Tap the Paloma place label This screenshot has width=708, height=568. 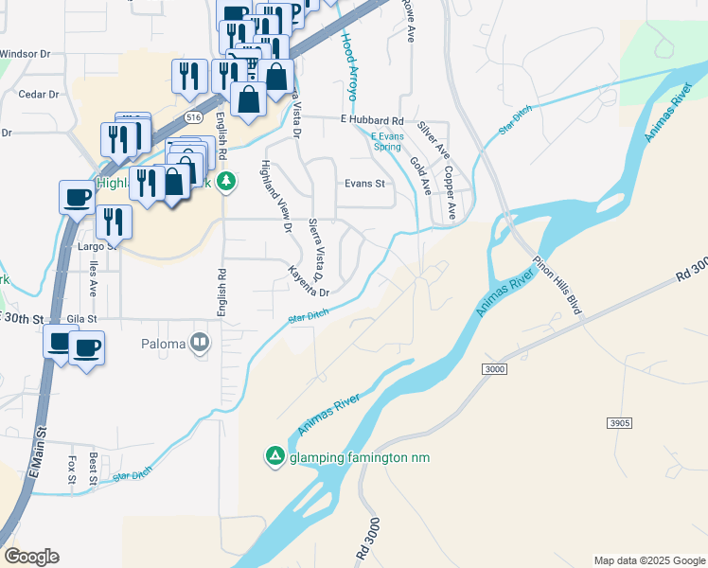[164, 343]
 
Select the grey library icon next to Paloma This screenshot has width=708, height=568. [199, 343]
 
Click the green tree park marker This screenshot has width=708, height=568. [225, 181]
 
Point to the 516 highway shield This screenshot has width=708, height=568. [193, 116]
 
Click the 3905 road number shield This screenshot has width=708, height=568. [620, 422]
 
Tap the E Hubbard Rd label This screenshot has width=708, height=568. [372, 121]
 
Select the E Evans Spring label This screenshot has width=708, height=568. [387, 141]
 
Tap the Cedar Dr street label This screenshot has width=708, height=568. [39, 95]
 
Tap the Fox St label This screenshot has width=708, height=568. [72, 470]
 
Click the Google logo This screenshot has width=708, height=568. [32, 557]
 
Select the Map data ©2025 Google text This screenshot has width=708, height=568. [648, 560]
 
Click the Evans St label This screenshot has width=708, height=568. [364, 184]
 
